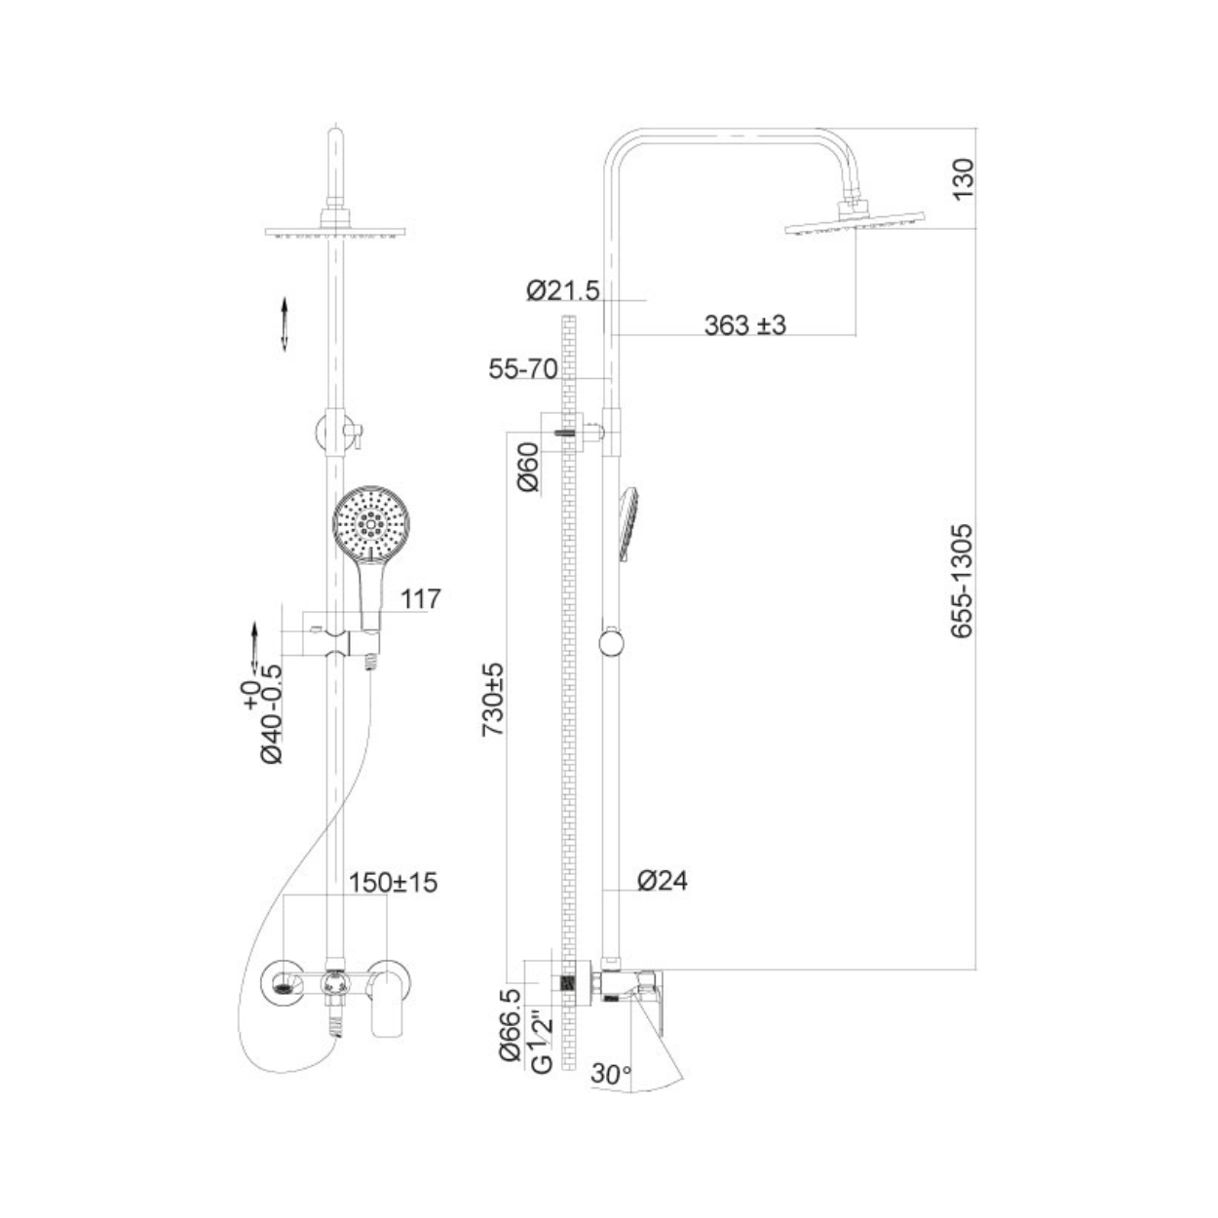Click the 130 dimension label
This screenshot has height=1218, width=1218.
click(x=964, y=179)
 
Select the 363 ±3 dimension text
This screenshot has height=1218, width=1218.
click(x=745, y=325)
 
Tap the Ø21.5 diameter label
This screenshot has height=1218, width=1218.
click(x=562, y=290)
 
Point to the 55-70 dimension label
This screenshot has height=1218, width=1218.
click(x=523, y=369)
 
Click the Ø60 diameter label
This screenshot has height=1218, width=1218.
click(x=528, y=467)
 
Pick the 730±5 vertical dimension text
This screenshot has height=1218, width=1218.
click(x=493, y=699)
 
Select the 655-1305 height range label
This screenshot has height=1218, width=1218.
click(x=963, y=582)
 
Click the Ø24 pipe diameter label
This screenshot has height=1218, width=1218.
click(x=663, y=881)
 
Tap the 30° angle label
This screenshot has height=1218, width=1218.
click(x=611, y=1073)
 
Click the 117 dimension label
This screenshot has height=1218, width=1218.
click(x=421, y=599)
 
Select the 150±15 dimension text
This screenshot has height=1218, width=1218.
click(x=393, y=883)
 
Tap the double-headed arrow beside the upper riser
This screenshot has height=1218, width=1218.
click(x=285, y=324)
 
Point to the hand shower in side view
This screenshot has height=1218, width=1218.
click(x=629, y=523)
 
